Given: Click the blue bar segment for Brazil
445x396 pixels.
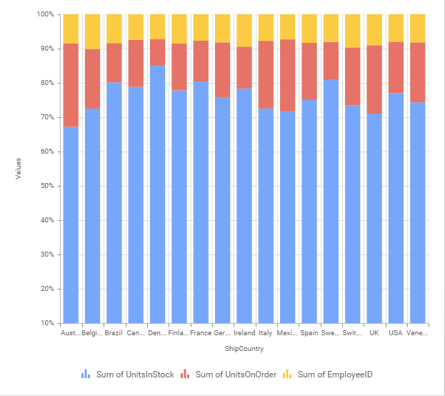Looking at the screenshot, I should click(x=114, y=203).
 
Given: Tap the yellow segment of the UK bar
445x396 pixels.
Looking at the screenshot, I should click(x=374, y=29).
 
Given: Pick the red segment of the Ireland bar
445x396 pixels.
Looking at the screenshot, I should click(x=244, y=67).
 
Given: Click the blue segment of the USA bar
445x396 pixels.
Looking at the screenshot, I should click(x=396, y=208).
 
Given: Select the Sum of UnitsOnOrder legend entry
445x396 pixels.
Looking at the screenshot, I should click(x=229, y=374).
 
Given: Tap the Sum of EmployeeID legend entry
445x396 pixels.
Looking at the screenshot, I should click(x=328, y=374).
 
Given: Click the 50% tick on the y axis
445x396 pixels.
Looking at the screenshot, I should click(x=45, y=186).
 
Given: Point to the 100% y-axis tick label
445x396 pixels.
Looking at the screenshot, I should click(x=44, y=14).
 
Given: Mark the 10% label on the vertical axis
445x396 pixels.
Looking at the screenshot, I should click(x=45, y=323).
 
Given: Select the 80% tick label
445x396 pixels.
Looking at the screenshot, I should click(x=45, y=83).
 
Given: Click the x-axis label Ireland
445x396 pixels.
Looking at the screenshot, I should click(x=244, y=333).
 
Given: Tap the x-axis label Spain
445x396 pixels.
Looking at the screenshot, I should click(x=309, y=333).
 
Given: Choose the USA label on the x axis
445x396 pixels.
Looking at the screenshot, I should click(x=396, y=333).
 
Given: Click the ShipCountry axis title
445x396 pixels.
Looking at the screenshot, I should click(x=244, y=350).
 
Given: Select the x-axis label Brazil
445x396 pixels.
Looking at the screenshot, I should click(x=114, y=333).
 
